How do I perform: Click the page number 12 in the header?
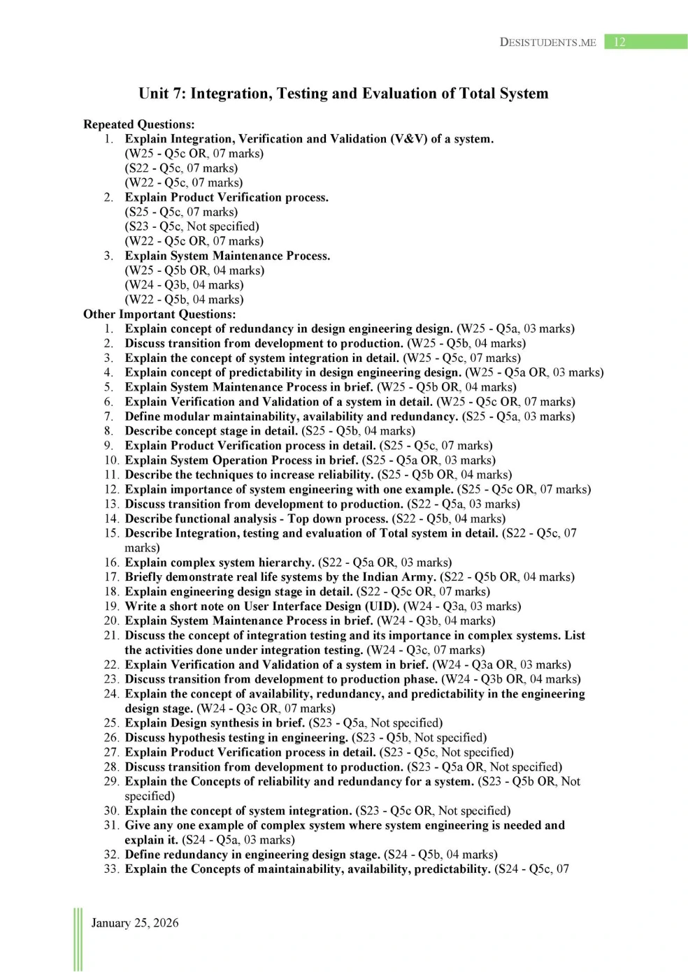click(619, 42)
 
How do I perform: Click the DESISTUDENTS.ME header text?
click(547, 42)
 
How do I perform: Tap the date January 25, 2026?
click(135, 922)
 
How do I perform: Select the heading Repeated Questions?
click(138, 124)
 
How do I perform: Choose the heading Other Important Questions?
click(159, 314)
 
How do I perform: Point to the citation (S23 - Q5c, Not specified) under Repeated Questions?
click(192, 226)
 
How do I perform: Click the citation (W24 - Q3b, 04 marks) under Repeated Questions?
click(184, 284)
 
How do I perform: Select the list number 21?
click(110, 635)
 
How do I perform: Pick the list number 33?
click(110, 869)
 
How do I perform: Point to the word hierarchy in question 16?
click(285, 562)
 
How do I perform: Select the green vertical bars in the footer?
click(77, 939)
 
